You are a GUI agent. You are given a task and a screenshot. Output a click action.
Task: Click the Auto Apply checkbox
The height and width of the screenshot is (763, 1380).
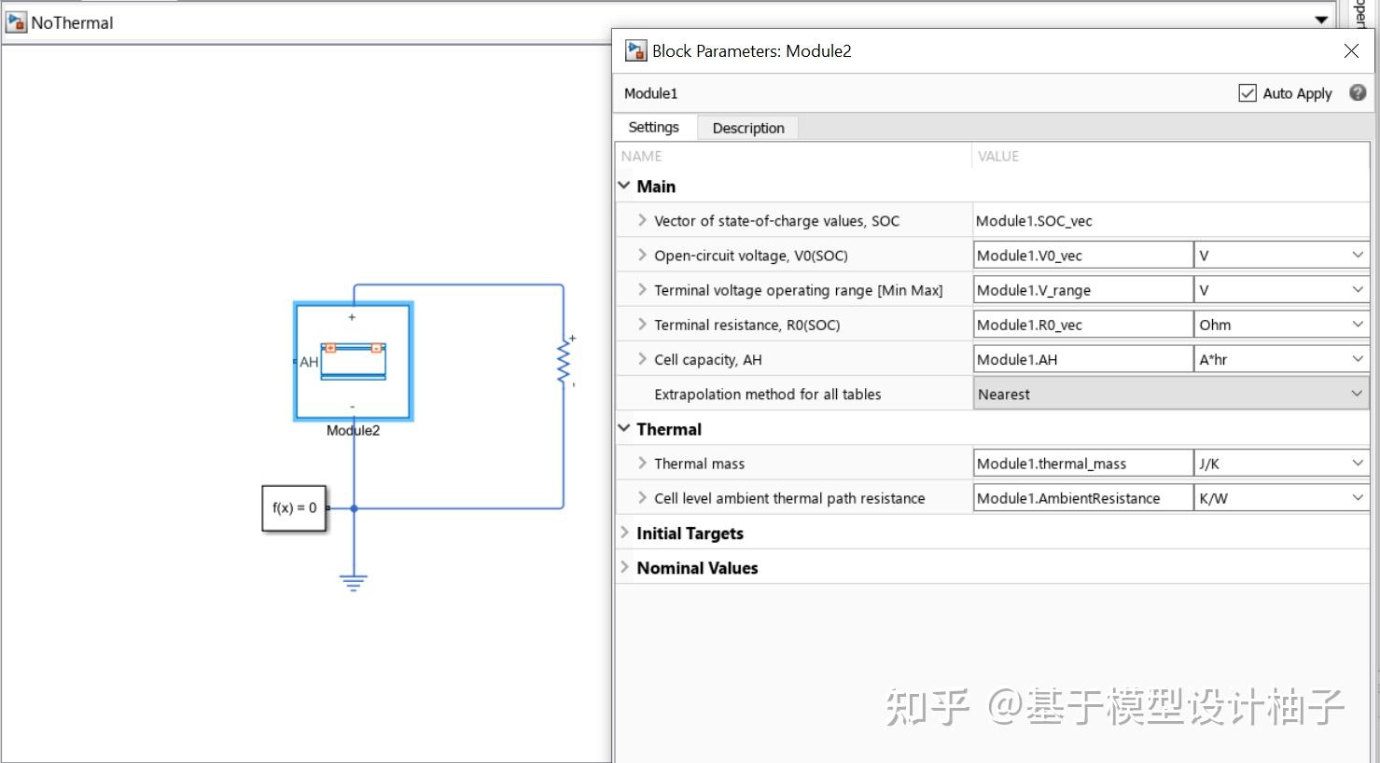point(1247,93)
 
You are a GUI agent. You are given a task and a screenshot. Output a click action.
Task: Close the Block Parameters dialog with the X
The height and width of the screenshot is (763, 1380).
point(1351,51)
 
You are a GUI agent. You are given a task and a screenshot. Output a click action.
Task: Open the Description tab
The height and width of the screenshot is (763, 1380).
point(747,128)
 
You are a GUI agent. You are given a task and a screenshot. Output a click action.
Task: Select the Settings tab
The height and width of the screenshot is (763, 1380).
point(653,127)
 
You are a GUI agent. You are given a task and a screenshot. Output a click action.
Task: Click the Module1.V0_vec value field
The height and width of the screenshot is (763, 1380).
point(1081,256)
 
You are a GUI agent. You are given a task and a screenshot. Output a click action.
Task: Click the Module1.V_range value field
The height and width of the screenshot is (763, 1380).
point(1081,290)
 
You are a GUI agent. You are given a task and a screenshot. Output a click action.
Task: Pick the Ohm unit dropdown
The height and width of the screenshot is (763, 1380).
point(1280,325)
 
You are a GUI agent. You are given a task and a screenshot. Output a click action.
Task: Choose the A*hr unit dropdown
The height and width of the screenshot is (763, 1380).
point(1280,359)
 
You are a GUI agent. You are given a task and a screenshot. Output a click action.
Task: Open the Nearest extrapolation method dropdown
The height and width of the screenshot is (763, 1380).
point(1170,395)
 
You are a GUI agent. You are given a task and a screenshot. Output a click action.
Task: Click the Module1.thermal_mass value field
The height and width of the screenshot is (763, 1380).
point(1081,464)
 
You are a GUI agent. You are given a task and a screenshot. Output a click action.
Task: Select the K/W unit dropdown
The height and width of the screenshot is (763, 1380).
point(1280,498)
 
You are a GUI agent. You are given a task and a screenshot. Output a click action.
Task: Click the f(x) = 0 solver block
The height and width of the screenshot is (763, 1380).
point(294,508)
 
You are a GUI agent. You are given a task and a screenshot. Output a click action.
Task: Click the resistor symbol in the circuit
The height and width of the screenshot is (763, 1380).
point(564,361)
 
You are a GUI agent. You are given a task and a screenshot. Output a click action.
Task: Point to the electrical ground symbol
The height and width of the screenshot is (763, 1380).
point(354,582)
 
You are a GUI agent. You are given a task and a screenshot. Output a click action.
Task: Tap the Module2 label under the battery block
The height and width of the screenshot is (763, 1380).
point(353,431)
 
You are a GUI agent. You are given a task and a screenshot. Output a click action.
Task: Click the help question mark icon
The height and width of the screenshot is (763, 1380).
point(1358,92)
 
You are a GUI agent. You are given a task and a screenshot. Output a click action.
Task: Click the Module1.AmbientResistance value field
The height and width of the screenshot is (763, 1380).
point(1081,498)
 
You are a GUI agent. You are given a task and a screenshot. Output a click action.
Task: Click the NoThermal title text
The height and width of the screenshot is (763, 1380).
point(72,22)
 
